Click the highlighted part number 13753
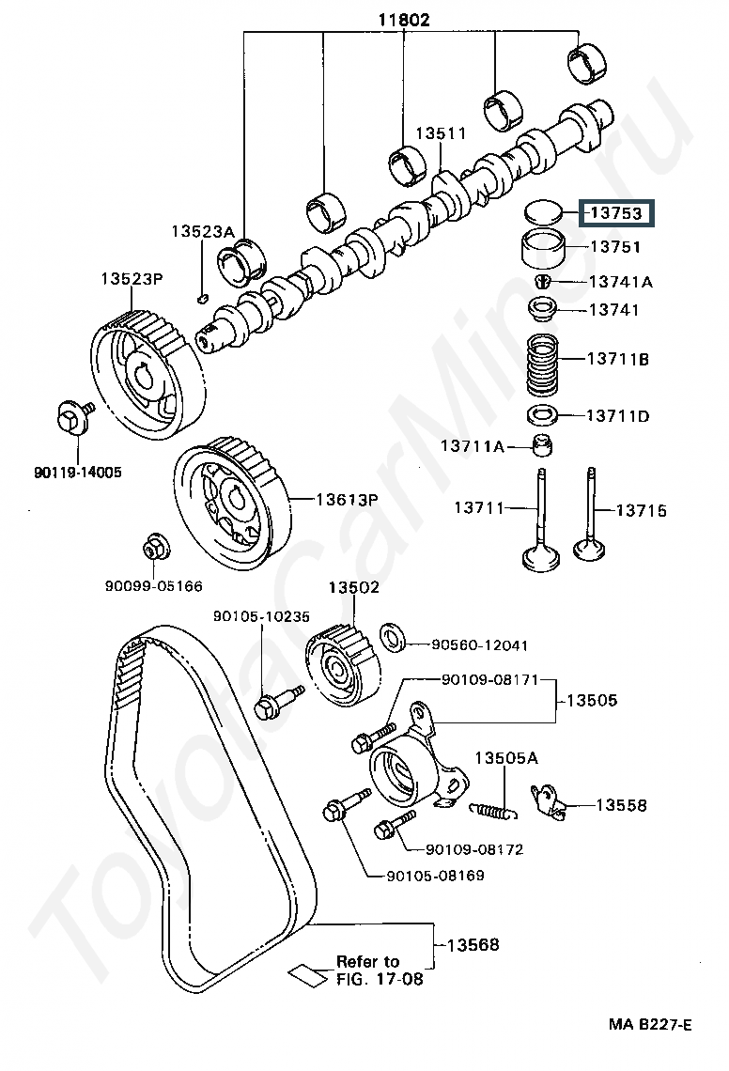tap(616, 214)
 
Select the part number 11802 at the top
tap(405, 19)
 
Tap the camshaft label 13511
tap(442, 134)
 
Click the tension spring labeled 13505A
tap(491, 806)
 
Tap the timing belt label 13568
tap(473, 944)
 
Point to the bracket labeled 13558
tap(551, 803)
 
